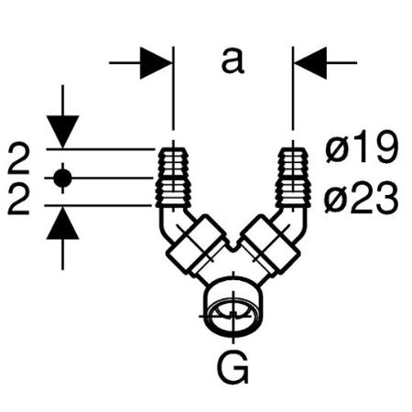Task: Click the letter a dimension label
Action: coord(233,62)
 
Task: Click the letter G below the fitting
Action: coord(233,368)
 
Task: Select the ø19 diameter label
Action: coord(362,146)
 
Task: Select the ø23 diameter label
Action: coord(362,197)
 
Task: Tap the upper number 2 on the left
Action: coord(18,159)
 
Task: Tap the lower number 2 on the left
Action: coord(18,200)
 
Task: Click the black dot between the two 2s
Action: coord(62,178)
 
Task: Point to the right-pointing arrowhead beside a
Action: coord(156,63)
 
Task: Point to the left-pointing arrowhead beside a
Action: coord(310,63)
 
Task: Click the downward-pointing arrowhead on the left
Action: coord(62,132)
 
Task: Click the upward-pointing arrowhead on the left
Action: coord(62,223)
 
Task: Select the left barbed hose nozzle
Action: coord(173,178)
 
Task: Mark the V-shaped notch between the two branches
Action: coord(233,244)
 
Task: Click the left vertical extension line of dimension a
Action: coord(173,89)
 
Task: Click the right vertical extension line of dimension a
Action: coord(293,89)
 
